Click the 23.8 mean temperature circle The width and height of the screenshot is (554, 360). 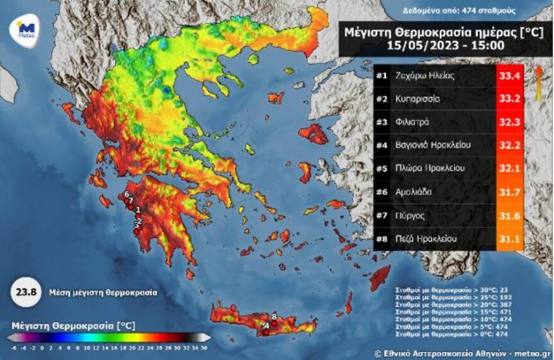click(23, 292)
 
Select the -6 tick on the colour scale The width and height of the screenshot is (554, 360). click(14, 347)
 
